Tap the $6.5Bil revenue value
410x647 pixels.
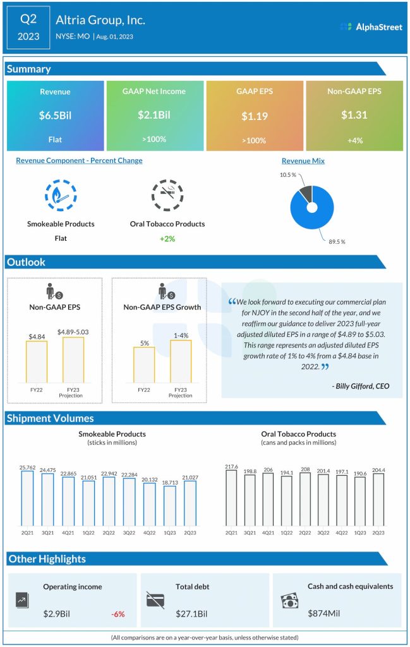[55, 116]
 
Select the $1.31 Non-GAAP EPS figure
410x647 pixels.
[354, 116]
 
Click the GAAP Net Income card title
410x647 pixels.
[154, 91]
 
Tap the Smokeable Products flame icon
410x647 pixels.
[61, 195]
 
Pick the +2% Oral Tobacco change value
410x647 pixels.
[167, 239]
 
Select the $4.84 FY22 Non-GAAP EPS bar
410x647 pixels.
[37, 361]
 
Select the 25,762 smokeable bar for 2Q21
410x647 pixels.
[27, 499]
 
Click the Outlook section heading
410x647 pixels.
[27, 262]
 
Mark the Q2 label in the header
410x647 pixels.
[28, 20]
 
